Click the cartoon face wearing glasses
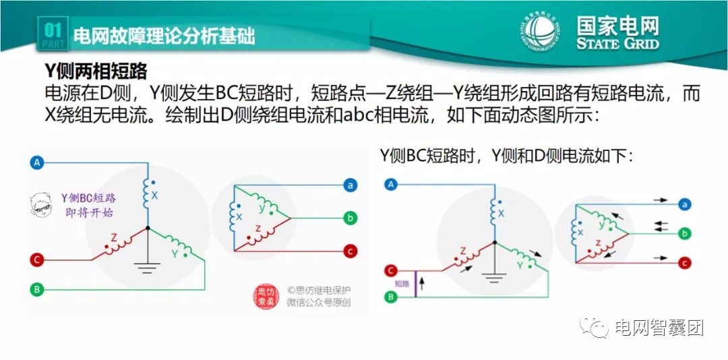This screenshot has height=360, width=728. [x=42, y=206]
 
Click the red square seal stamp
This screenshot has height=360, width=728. [x=268, y=297]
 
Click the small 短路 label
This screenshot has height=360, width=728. [x=402, y=284]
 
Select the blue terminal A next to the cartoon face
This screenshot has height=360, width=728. [x=38, y=162]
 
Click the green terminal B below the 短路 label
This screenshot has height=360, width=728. [x=390, y=296]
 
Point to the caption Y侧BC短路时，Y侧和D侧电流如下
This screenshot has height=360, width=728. [x=506, y=156]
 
